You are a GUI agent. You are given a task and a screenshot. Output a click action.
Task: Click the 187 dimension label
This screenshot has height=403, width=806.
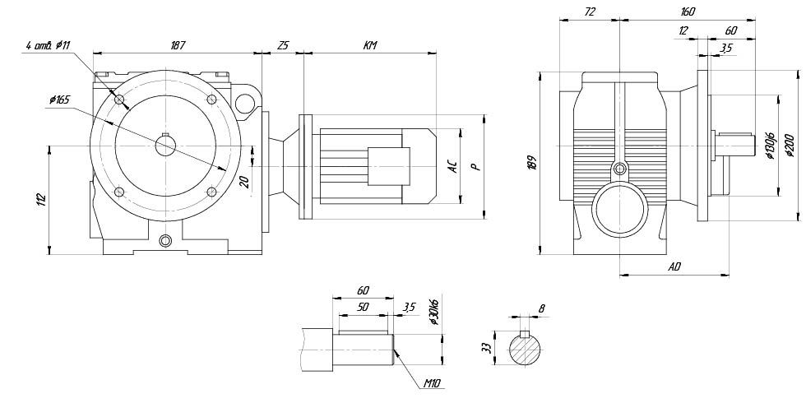177,46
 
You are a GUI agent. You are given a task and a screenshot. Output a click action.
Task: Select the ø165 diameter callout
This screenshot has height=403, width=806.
60,100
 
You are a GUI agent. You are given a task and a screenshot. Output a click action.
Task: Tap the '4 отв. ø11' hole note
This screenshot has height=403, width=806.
50,47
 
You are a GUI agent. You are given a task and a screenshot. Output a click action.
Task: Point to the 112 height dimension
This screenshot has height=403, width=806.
42,199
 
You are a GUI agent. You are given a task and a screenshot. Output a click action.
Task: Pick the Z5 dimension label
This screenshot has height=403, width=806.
283,46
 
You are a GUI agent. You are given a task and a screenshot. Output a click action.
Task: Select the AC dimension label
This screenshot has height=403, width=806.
452,165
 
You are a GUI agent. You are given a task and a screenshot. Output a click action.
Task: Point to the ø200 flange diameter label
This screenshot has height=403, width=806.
790,146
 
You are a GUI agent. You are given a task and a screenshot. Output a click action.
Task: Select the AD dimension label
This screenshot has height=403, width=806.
674,266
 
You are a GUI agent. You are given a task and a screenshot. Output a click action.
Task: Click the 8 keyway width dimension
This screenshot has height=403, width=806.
540,309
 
